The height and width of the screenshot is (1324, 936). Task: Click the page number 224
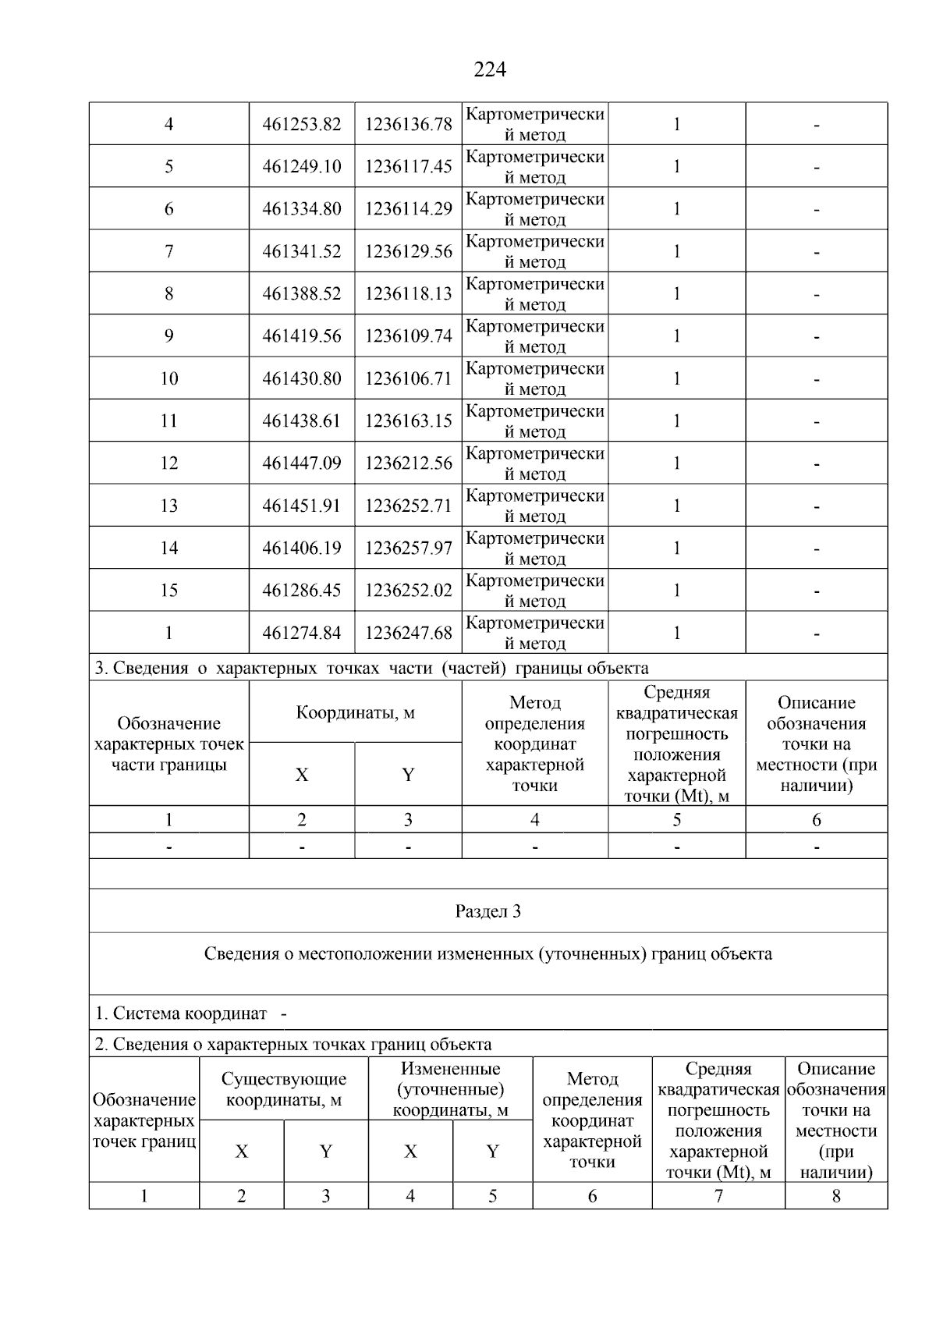pos(489,70)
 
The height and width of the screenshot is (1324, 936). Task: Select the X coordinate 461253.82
pos(302,125)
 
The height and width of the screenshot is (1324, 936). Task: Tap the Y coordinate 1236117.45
pos(408,167)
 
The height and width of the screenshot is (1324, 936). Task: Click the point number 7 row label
pos(168,251)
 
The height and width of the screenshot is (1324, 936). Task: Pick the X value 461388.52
pos(302,294)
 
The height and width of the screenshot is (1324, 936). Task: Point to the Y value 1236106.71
pos(408,379)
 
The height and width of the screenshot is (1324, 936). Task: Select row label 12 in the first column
pos(168,463)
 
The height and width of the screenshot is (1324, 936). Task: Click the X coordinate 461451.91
pos(302,506)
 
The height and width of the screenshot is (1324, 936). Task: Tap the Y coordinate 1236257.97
pos(408,548)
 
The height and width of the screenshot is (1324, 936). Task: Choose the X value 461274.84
pos(302,634)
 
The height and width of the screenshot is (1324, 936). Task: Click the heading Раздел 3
pos(487,911)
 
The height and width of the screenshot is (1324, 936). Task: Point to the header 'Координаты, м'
pos(355,713)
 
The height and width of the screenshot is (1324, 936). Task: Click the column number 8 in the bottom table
pos(836,1196)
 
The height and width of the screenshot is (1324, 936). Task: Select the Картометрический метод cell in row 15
pos(535,591)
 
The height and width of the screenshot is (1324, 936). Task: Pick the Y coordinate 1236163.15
pos(408,421)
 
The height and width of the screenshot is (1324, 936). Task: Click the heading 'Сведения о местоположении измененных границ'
pos(487,954)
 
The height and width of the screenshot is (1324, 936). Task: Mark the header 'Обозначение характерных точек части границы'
pos(168,744)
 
